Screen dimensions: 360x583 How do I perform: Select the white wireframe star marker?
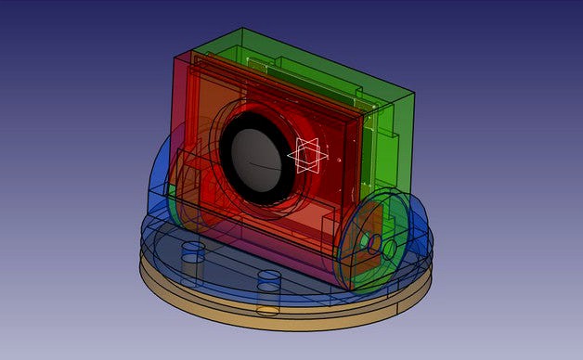tap(307, 156)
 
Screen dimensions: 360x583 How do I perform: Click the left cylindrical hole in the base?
tap(192, 253)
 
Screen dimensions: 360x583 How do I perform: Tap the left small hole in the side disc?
tap(368, 244)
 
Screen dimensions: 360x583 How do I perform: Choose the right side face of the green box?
tap(401, 139)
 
